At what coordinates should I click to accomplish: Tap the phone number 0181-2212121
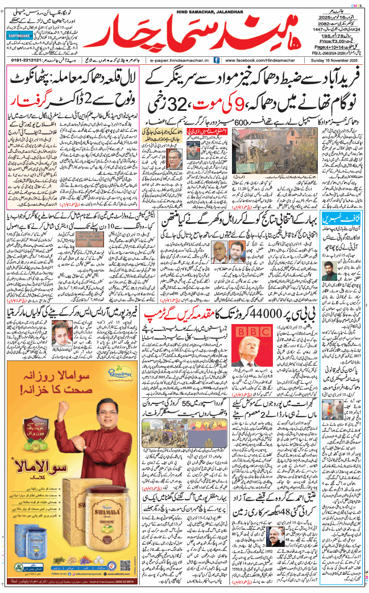point(28,59)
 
